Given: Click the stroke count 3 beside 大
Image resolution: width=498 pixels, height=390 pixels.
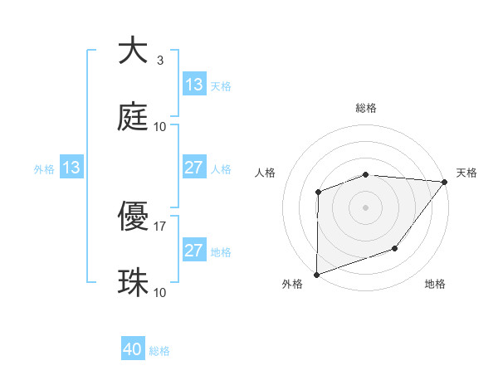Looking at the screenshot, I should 159,61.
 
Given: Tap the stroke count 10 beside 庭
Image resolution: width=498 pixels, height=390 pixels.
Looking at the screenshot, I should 160,127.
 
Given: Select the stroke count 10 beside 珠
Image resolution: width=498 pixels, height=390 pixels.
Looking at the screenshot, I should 160,293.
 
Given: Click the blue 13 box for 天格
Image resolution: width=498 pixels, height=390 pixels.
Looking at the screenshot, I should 194,85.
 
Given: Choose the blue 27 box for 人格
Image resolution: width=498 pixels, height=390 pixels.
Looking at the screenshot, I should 194,168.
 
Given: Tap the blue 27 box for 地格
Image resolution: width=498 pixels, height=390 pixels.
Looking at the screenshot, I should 194,251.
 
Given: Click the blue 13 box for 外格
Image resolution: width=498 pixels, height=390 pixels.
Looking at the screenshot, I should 71,168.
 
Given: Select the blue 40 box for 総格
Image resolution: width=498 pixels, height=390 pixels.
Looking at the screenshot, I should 133,350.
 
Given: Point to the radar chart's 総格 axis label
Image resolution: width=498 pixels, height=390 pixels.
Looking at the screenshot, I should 366,108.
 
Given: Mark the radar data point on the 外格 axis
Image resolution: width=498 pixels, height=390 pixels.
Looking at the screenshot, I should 317,274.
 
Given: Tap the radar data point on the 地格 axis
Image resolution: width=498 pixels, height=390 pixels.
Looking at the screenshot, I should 396,248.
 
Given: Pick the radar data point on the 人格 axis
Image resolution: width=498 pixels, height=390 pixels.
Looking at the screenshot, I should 318,193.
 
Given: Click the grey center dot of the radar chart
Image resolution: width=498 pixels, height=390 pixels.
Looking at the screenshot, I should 365,207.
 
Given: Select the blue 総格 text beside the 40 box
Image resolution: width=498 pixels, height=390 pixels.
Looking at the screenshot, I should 159,351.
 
